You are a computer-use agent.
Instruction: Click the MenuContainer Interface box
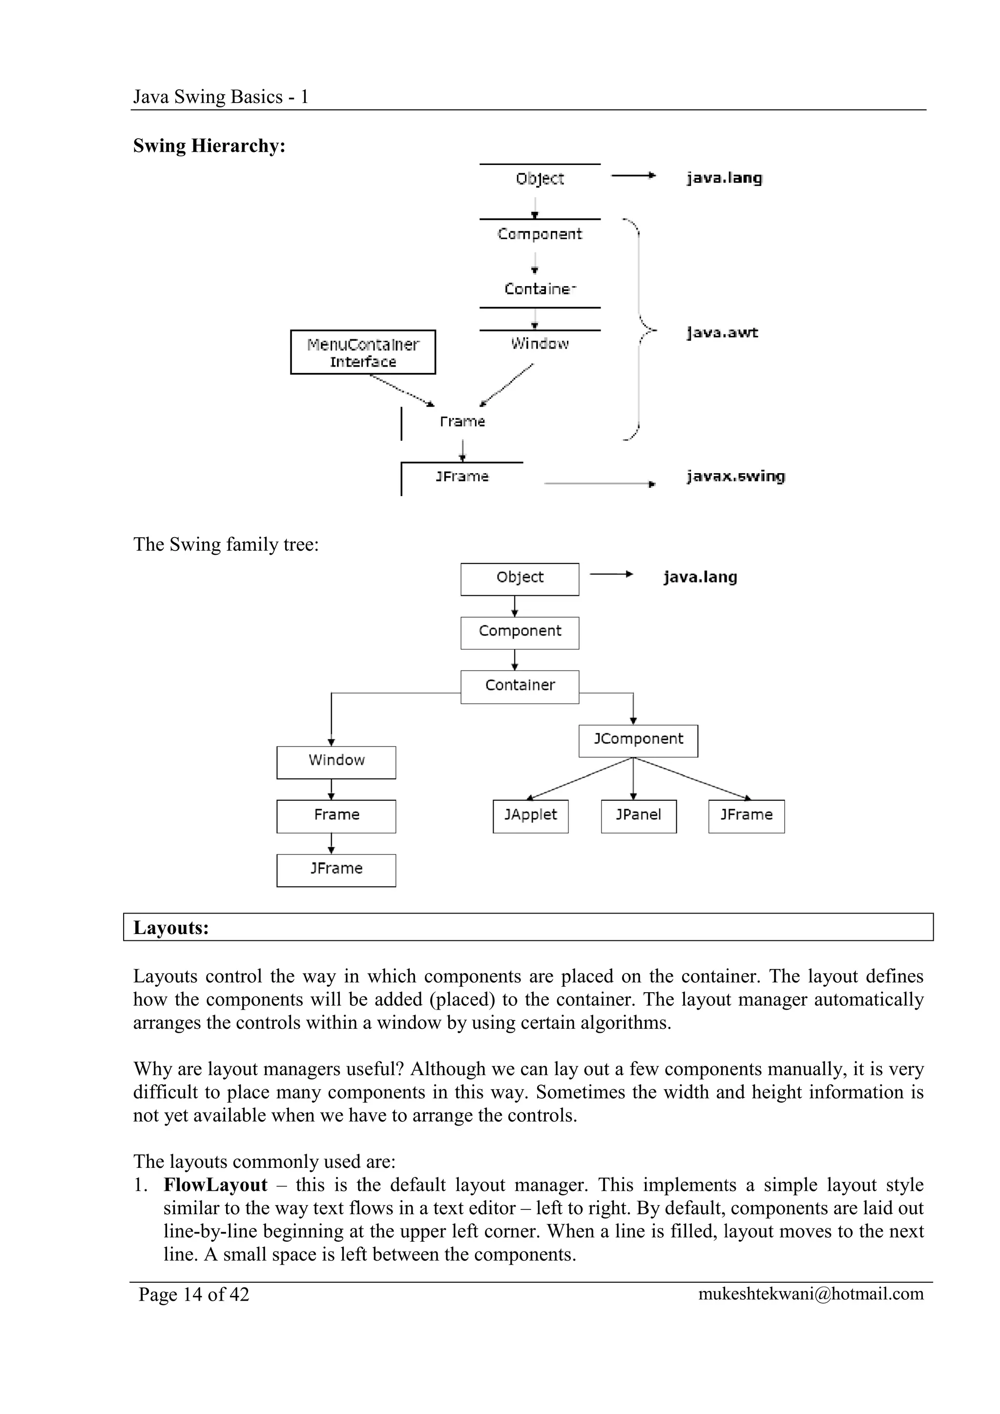363,352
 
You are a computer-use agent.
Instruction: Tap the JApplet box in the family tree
530,816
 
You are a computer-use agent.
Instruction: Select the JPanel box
639,816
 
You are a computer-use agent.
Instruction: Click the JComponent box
638,740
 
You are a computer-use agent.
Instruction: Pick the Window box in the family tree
336,762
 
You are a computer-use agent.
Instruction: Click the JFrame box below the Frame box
336,870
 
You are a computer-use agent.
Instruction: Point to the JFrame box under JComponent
746,816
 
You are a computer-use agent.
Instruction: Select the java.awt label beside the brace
722,333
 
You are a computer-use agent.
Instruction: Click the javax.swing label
736,477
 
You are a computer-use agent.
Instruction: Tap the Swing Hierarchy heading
209,146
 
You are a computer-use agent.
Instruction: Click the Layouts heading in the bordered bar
171,928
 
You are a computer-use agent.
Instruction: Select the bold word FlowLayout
215,1185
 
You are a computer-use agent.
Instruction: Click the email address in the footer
811,1294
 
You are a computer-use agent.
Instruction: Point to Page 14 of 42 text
194,1294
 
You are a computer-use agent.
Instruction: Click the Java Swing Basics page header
220,97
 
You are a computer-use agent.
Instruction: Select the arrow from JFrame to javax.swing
599,484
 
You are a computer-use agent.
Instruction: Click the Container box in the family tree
520,686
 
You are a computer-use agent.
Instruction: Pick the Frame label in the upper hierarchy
462,422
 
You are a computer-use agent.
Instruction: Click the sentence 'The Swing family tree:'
226,544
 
